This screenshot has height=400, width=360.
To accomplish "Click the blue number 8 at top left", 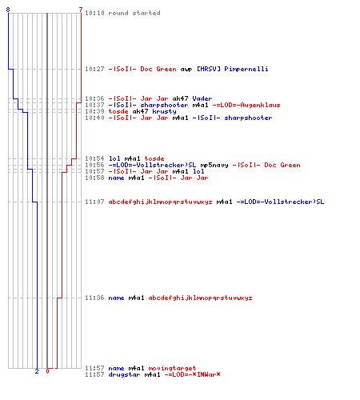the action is [x=8, y=10].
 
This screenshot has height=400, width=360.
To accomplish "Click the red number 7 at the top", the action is [x=81, y=10].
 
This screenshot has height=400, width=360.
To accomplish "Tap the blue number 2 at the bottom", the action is [x=37, y=371].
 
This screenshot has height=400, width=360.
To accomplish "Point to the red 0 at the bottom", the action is [x=47, y=371].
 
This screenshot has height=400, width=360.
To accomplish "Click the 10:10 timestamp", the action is [x=94, y=13].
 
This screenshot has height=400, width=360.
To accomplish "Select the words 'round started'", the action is [x=134, y=13].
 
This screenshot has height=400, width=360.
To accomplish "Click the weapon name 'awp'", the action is [x=186, y=69].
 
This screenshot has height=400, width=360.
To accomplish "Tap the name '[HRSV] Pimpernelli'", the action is [x=233, y=69].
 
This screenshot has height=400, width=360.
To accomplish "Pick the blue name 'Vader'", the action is [x=202, y=98].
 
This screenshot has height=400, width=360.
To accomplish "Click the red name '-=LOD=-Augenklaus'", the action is [x=246, y=105].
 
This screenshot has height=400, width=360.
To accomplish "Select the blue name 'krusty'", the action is [x=164, y=111].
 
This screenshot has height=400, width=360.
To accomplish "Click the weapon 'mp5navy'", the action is [x=214, y=165].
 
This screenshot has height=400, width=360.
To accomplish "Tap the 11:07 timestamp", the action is [x=94, y=202].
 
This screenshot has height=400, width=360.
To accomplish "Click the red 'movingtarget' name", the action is [x=172, y=368].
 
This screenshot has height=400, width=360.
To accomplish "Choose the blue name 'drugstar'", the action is [x=124, y=374].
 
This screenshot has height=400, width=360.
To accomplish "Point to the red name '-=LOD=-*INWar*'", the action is [x=192, y=374].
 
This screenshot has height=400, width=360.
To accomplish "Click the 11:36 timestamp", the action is [x=94, y=298].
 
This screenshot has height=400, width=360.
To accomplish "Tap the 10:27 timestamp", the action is [x=94, y=69].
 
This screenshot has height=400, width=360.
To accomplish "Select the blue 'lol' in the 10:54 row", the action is [x=114, y=158].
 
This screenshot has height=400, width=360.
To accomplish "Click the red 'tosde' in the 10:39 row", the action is [x=118, y=111].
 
